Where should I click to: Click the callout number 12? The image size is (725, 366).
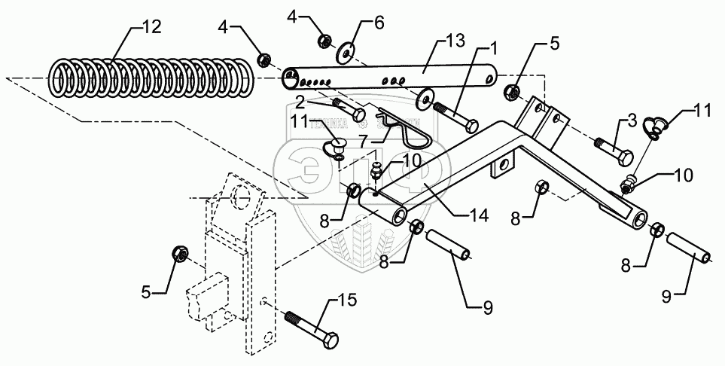point(150,27)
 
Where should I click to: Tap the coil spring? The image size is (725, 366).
point(151,78)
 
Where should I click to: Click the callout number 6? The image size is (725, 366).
point(379,23)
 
